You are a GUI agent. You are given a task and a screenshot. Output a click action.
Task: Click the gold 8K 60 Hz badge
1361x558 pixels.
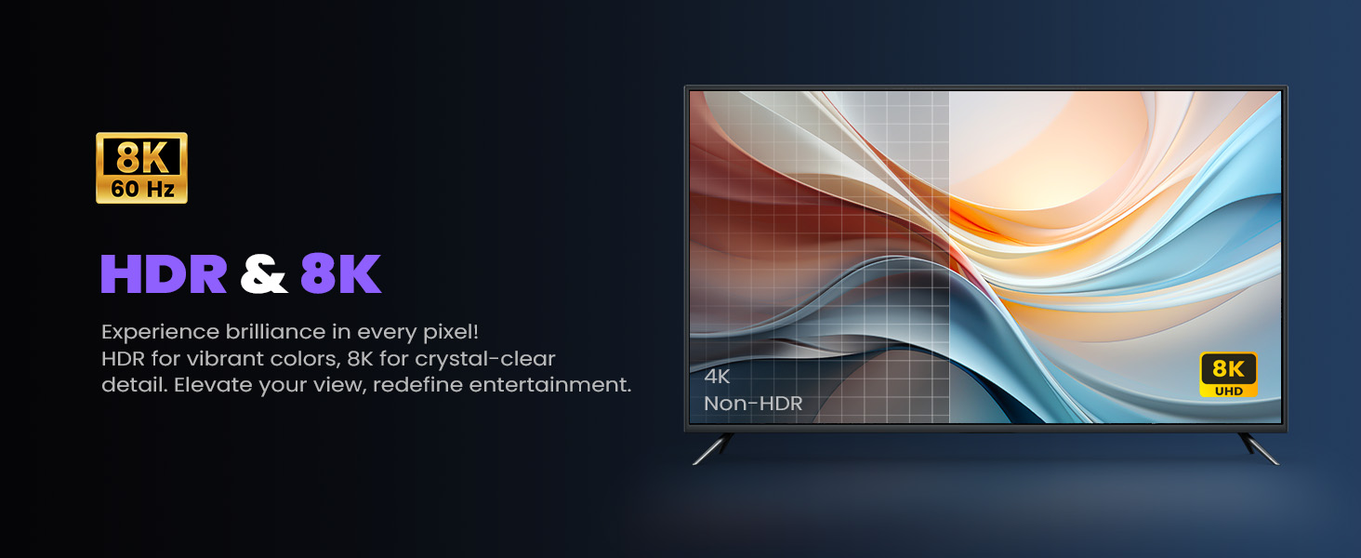pyautogui.click(x=141, y=167)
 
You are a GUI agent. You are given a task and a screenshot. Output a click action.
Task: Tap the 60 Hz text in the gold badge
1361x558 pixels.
pyautogui.click(x=143, y=189)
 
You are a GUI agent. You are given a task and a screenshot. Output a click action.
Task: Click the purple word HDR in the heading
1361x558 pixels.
pyautogui.click(x=164, y=273)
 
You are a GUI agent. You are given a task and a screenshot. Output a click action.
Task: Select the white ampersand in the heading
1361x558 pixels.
pyautogui.click(x=263, y=273)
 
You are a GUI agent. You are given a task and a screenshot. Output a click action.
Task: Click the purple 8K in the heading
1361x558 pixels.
pyautogui.click(x=340, y=273)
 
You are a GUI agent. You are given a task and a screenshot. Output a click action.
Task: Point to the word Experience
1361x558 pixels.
pyautogui.click(x=161, y=333)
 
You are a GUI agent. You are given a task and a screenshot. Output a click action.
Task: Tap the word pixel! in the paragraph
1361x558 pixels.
pyautogui.click(x=451, y=333)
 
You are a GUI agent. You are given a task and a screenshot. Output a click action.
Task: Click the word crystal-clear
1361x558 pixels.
pyautogui.click(x=485, y=359)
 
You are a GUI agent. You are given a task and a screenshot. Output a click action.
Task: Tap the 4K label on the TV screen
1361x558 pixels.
pyautogui.click(x=717, y=377)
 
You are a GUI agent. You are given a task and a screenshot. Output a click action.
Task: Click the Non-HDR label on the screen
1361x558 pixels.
pyautogui.click(x=753, y=403)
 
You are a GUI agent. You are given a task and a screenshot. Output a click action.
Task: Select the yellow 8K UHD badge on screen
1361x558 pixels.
pyautogui.click(x=1229, y=375)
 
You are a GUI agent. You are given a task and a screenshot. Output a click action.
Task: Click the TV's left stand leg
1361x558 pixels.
pyautogui.click(x=713, y=448)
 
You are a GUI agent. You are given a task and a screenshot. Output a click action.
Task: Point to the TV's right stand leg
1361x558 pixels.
pyautogui.click(x=1259, y=448)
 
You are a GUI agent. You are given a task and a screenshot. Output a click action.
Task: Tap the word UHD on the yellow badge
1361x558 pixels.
pyautogui.click(x=1229, y=391)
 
